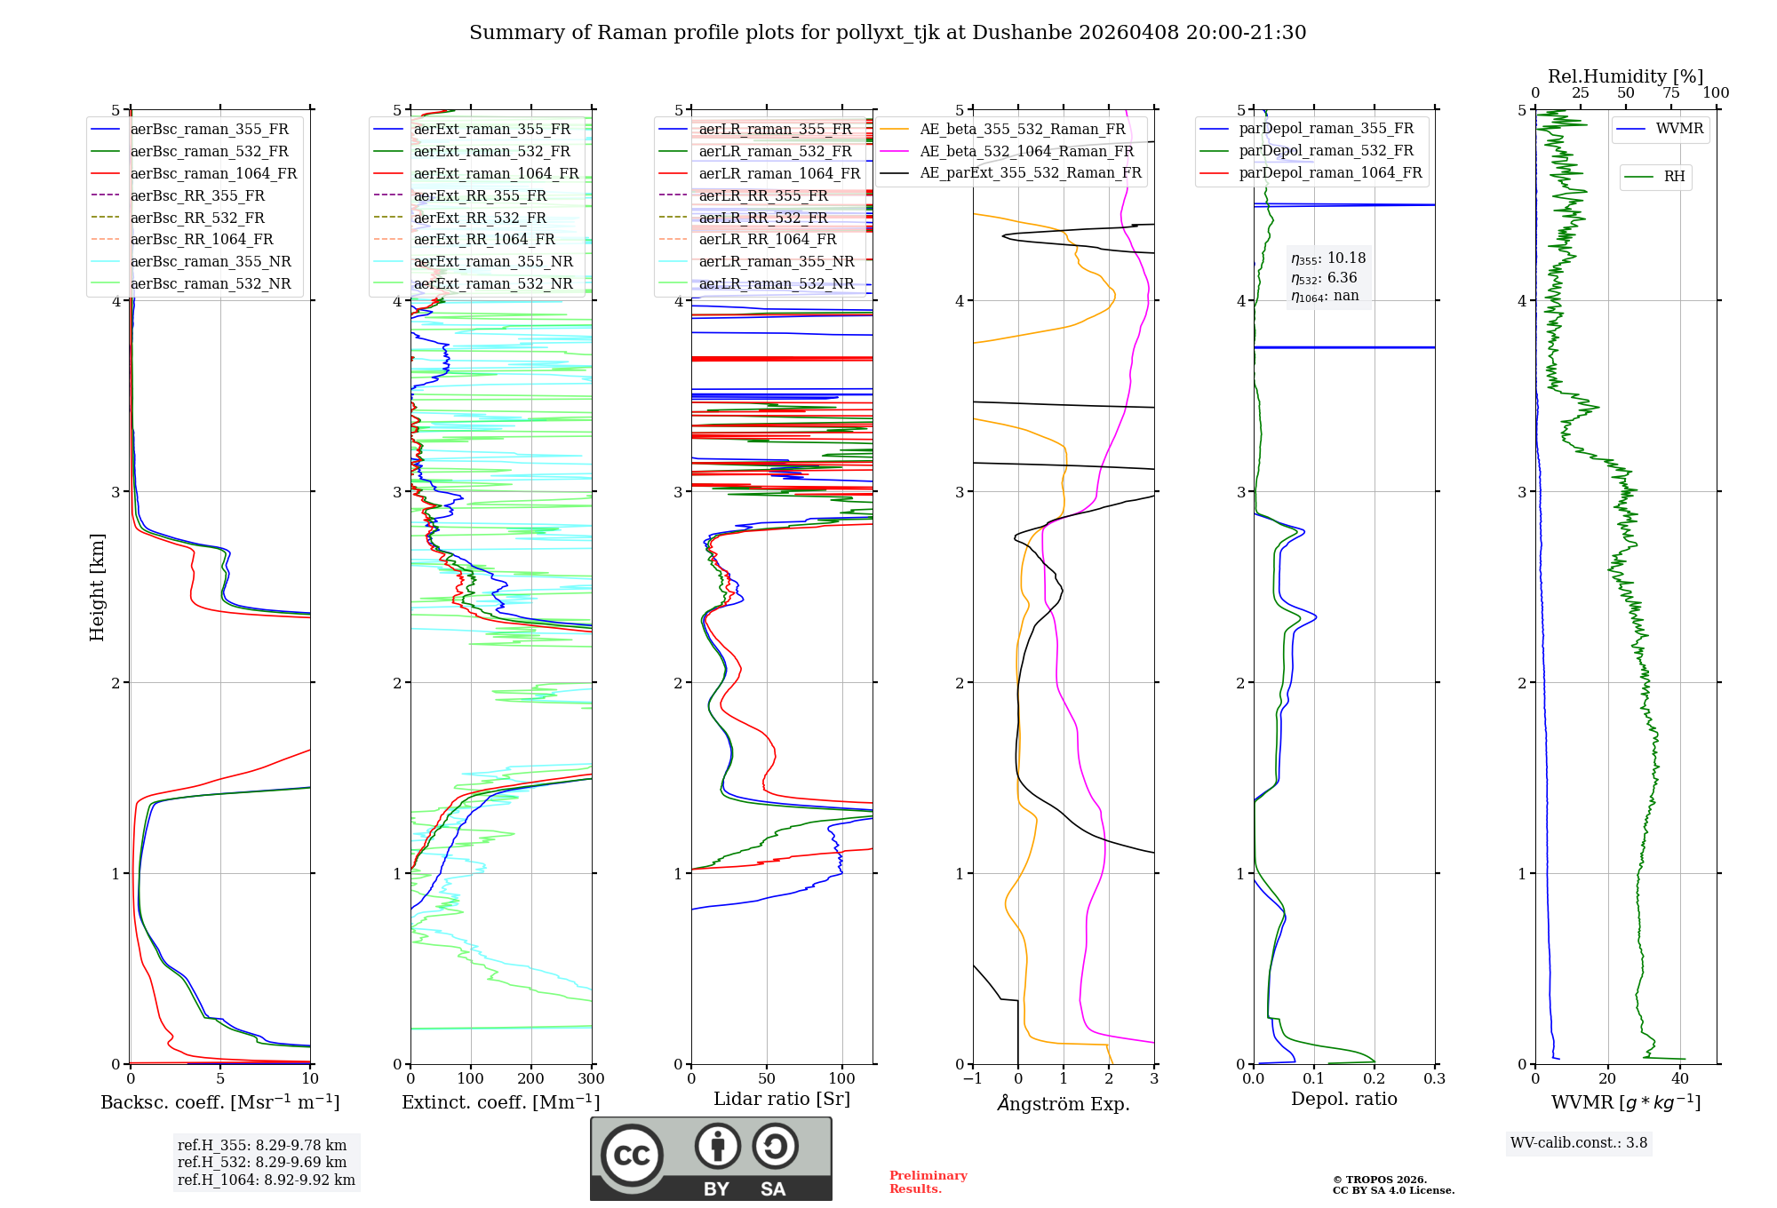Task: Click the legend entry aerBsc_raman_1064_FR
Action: (213, 174)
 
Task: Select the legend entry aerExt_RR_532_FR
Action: (480, 218)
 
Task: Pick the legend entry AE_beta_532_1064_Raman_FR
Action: (1026, 151)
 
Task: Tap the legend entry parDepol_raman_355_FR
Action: (1326, 129)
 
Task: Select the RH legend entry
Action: (1674, 177)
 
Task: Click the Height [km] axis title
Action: (97, 587)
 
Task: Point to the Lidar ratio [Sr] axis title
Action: (782, 1099)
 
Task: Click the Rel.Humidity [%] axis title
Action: (1625, 76)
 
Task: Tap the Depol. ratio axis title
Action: (1343, 1099)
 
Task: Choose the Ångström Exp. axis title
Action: (1064, 1103)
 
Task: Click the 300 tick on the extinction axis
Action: (592, 1079)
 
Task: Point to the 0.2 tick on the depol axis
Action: (1375, 1079)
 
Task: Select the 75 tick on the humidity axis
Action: (1671, 93)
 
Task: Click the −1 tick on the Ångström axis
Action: (972, 1079)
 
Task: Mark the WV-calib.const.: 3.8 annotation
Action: (1579, 1143)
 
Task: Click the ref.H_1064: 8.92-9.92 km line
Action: (266, 1180)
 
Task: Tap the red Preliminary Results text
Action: (928, 1182)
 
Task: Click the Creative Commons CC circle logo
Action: (632, 1156)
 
